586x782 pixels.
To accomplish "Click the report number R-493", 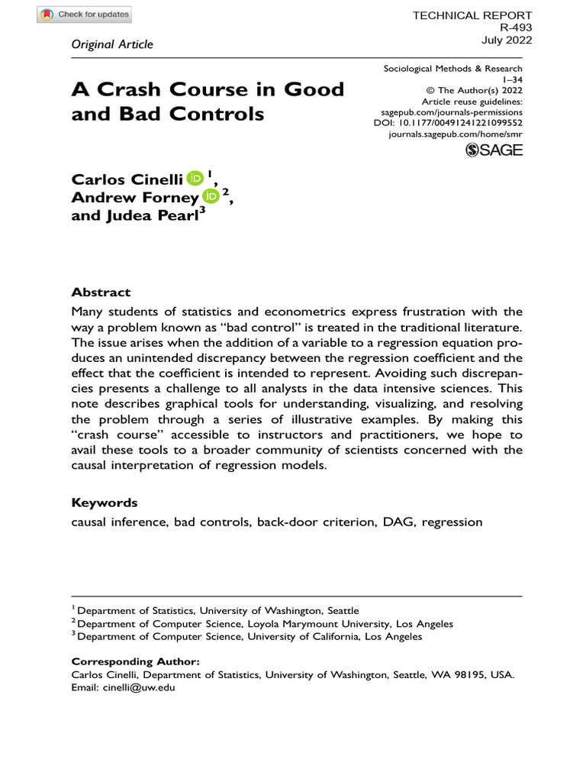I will [x=515, y=27].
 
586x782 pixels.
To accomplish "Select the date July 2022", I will [x=507, y=40].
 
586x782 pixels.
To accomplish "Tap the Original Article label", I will [x=112, y=44].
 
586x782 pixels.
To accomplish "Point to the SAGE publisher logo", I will [x=494, y=150].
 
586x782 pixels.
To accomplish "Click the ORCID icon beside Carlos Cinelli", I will [x=195, y=179].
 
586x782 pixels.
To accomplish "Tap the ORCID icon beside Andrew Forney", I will [x=211, y=196].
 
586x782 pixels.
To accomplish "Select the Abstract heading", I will [x=101, y=292].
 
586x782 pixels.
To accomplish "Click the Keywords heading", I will [x=105, y=502].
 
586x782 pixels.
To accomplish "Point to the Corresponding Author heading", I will [x=135, y=661].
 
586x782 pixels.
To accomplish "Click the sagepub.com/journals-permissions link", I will [x=452, y=111].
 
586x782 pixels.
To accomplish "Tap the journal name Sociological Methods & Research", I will [x=452, y=69].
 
